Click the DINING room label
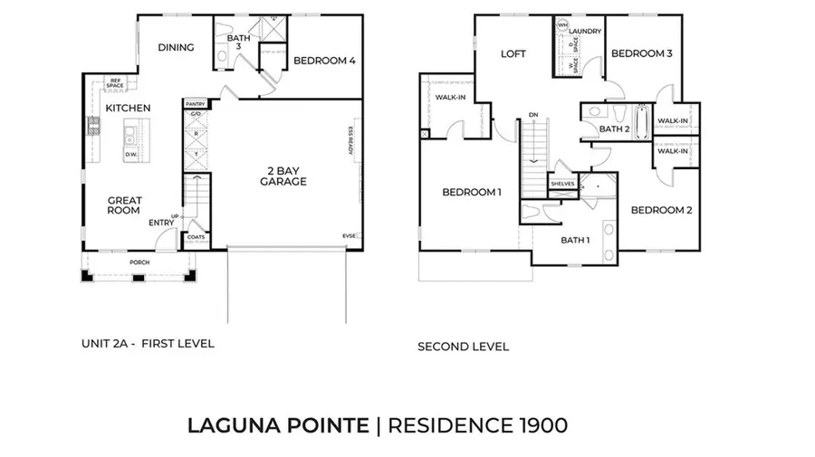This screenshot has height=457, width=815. pos(176,48)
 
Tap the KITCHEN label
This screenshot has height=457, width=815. pos(128,109)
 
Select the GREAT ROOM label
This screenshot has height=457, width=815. pos(124,205)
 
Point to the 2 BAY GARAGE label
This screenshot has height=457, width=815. pos(283,176)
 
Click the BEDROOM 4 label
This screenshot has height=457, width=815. pos(324,61)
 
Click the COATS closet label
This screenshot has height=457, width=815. pos(196,238)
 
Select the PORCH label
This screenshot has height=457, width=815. pos(139,262)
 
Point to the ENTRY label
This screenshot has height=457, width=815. pos(161,223)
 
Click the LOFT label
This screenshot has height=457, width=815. pos(513,54)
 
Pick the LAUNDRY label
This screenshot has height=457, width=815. pos(585,31)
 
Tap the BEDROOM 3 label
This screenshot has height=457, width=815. pos(641,54)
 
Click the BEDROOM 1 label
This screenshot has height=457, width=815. pos(471,192)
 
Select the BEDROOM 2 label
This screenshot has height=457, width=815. pos(661,210)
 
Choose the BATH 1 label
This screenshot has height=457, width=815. pos(575,240)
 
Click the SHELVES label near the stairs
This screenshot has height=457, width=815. pos(562,184)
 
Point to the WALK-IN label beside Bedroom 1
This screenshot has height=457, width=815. pos(450,97)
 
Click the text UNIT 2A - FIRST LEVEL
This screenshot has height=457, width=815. pos(147,344)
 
